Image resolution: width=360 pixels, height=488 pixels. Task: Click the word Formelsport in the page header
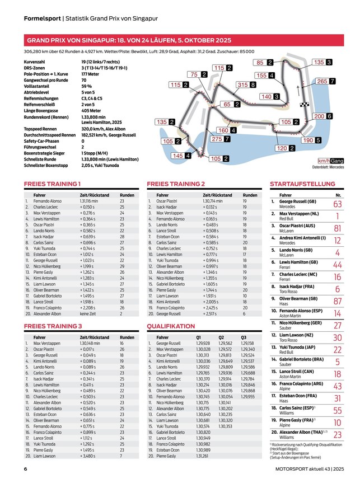(42, 18)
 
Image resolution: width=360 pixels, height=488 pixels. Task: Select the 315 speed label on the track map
(246, 85)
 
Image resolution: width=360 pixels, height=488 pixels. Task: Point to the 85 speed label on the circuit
(264, 63)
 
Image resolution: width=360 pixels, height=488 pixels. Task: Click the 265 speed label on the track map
(325, 81)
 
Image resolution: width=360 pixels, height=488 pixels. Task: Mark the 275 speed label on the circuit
(221, 139)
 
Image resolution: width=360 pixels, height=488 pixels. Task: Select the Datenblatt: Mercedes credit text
(328, 167)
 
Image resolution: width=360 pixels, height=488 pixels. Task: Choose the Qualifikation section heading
(171, 326)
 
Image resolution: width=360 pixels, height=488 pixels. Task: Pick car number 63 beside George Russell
(337, 204)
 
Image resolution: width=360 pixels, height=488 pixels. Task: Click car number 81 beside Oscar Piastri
(337, 228)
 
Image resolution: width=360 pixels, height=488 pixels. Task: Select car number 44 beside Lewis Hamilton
(337, 265)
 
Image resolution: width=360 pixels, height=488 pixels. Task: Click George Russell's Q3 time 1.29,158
(247, 343)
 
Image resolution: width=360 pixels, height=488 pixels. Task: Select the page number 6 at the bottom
(26, 470)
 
